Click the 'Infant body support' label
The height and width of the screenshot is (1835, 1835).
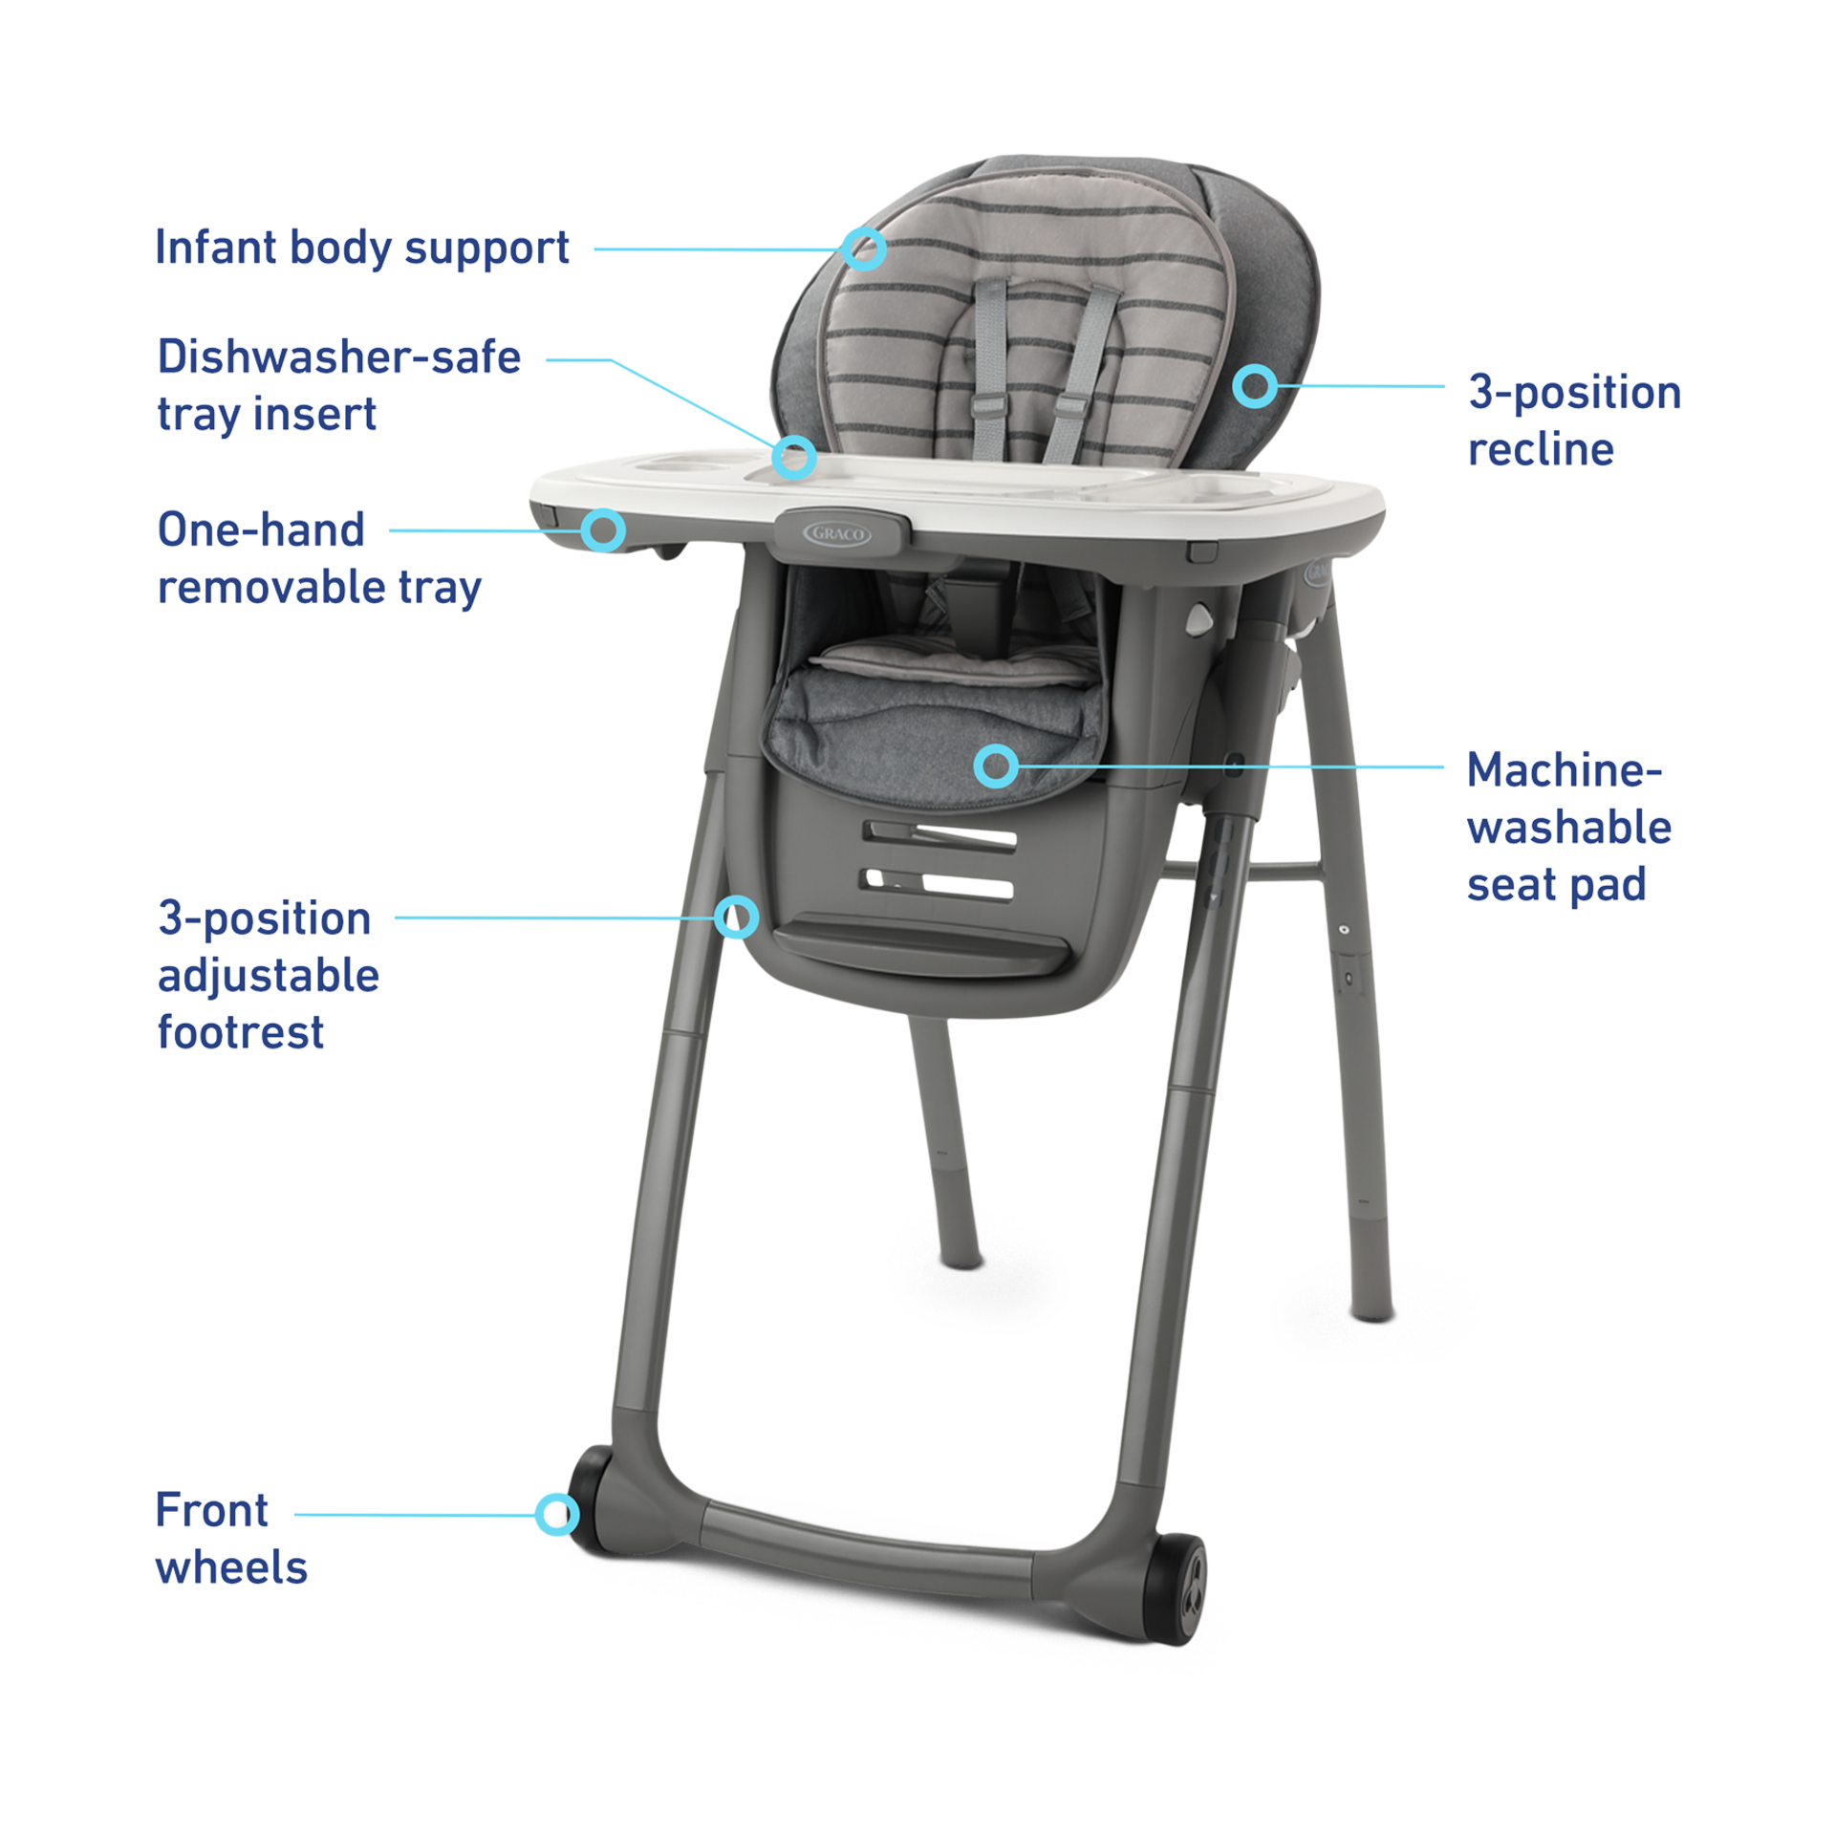pyautogui.click(x=362, y=248)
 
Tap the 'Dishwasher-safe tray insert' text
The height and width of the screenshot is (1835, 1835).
pyautogui.click(x=339, y=385)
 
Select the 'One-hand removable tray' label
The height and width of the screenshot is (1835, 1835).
pyautogui.click(x=318, y=558)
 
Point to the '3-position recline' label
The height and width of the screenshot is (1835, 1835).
pyautogui.click(x=1573, y=421)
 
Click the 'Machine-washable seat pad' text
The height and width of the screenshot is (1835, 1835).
pyautogui.click(x=1568, y=827)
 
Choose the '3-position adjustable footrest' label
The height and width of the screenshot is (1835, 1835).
pyautogui.click(x=269, y=975)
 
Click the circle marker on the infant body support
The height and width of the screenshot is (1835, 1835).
pyautogui.click(x=864, y=248)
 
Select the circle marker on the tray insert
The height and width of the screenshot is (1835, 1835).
pyautogui.click(x=794, y=458)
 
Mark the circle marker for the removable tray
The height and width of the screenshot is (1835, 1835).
pyautogui.click(x=604, y=529)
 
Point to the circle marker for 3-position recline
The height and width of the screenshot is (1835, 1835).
pyautogui.click(x=1254, y=386)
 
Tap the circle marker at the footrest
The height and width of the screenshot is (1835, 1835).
pyautogui.click(x=736, y=918)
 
